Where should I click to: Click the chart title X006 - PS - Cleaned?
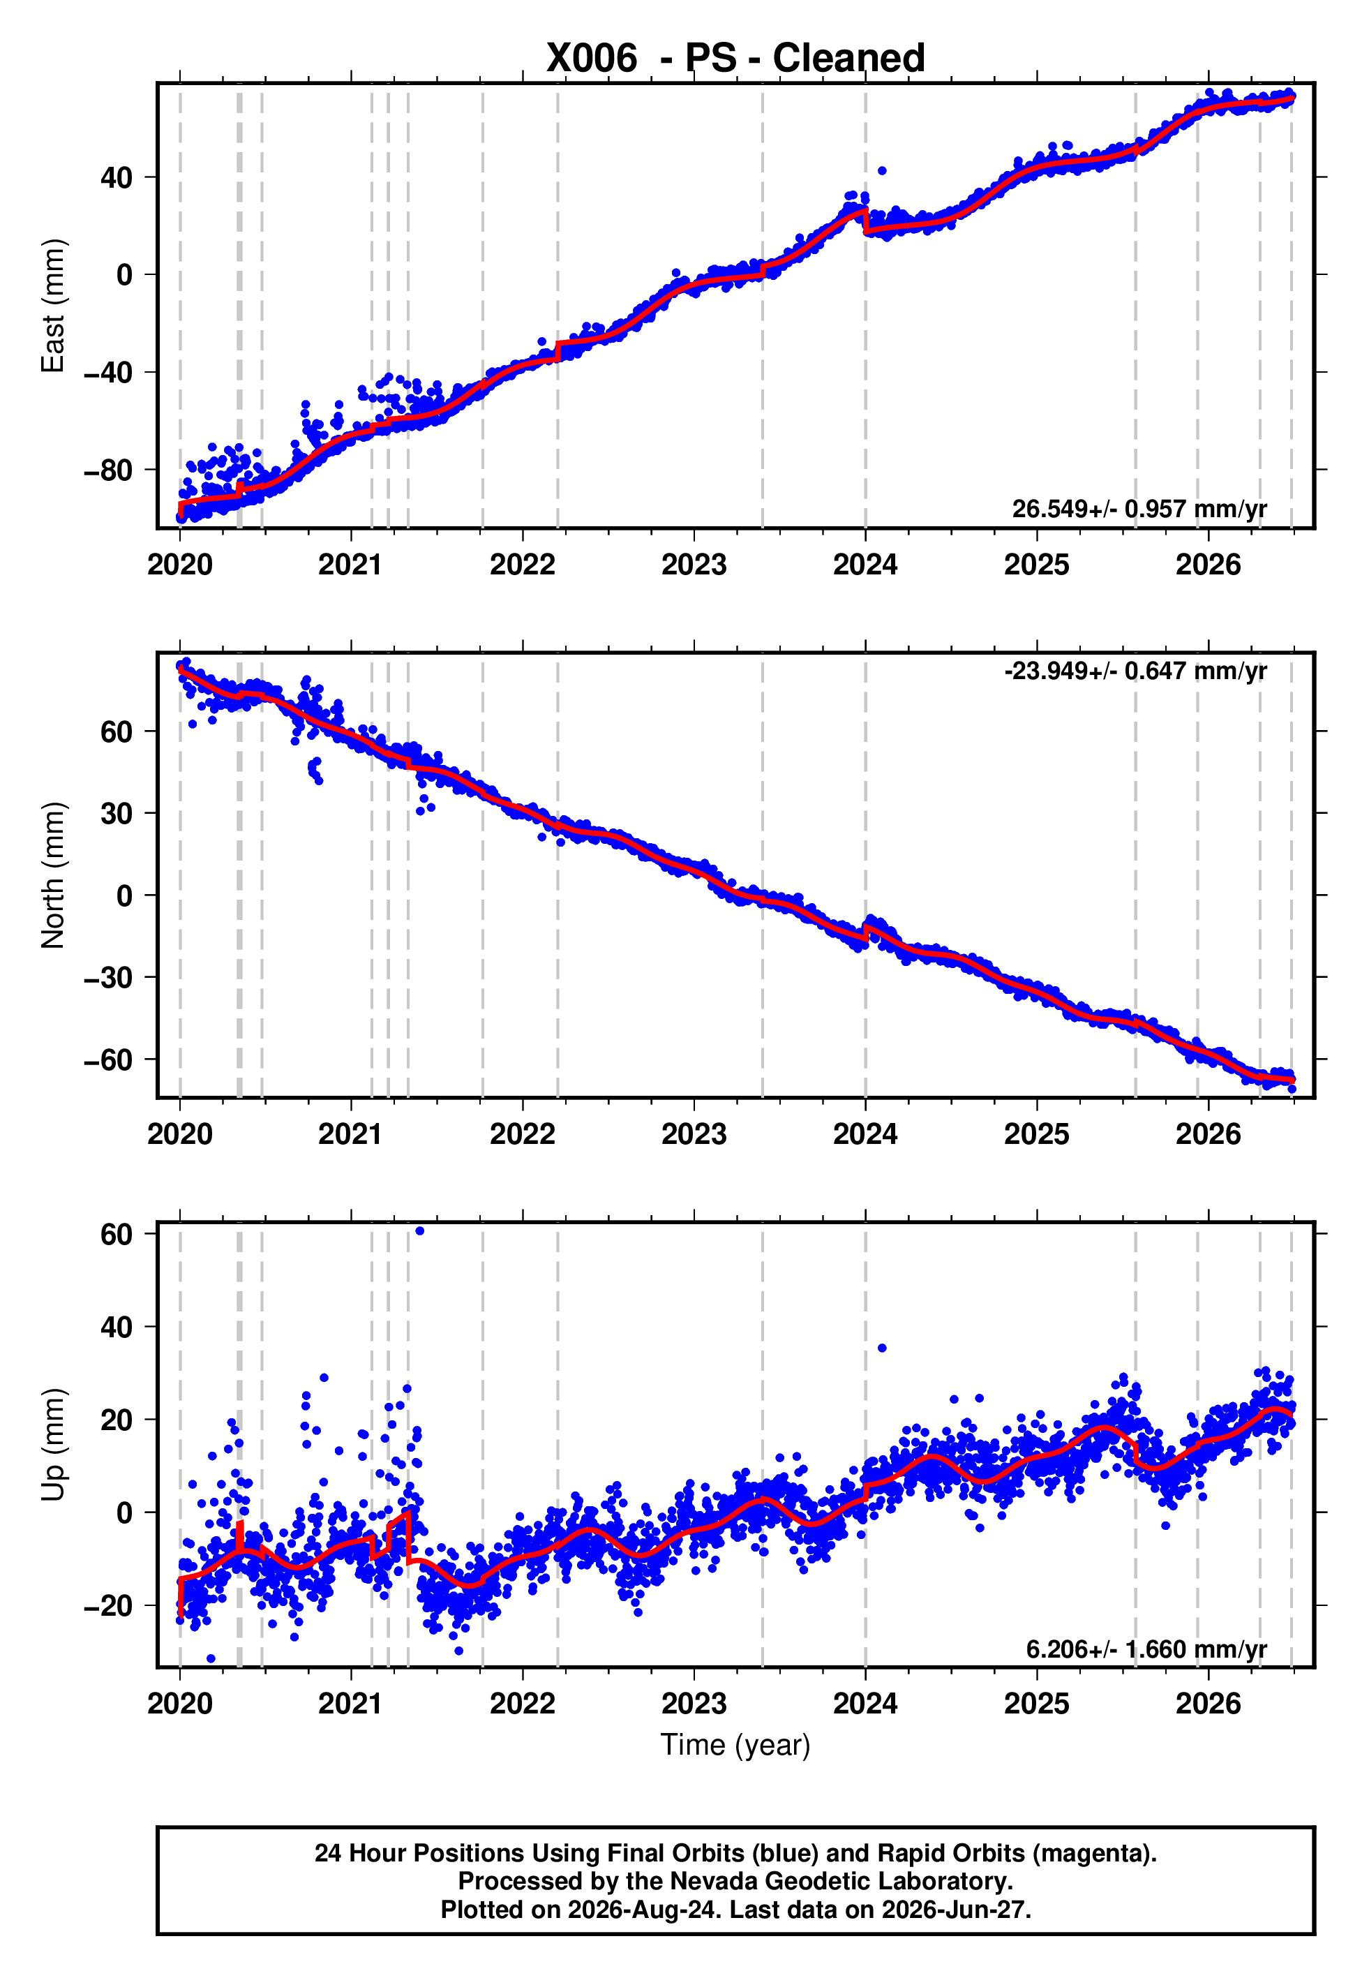click(735, 59)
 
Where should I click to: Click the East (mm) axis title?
click(53, 306)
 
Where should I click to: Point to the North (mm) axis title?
click(53, 875)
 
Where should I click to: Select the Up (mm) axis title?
click(53, 1445)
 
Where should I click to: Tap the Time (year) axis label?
click(735, 1745)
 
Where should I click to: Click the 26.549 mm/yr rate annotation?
click(1139, 509)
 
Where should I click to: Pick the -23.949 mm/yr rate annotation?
click(1136, 671)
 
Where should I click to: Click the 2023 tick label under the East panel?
click(694, 565)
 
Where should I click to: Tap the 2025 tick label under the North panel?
click(1037, 1134)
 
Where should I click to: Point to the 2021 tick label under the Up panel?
click(351, 1704)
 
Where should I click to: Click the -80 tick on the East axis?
click(108, 470)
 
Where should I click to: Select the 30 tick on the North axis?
click(117, 813)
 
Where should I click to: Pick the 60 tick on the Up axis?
click(117, 1234)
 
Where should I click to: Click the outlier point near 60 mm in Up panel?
click(419, 1231)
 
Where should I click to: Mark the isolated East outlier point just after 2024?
click(882, 171)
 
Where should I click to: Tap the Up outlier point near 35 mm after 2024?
click(882, 1348)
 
